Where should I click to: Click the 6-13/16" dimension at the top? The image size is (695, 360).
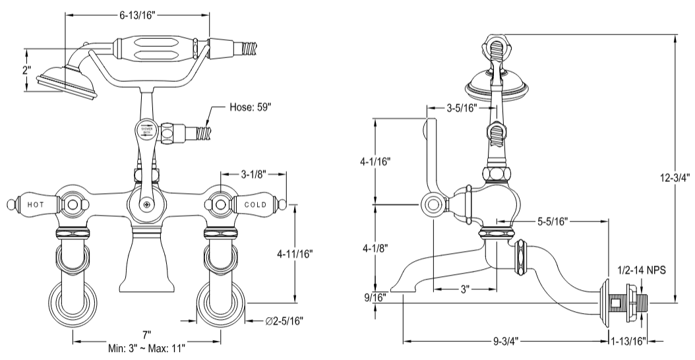click(x=136, y=13)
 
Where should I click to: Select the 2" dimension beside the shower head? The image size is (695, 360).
click(x=26, y=71)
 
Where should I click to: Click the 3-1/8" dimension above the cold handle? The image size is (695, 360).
click(x=253, y=175)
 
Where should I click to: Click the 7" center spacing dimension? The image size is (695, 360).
click(x=146, y=335)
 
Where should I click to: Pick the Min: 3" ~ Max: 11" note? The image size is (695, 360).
click(x=146, y=347)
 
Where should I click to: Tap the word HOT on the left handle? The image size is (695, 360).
click(x=36, y=204)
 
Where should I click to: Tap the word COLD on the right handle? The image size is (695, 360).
click(x=255, y=204)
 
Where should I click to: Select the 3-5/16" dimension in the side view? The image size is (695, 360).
click(x=461, y=107)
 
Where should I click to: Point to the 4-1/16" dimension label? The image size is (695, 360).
click(x=374, y=160)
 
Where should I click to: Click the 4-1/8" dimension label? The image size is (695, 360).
click(x=374, y=248)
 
